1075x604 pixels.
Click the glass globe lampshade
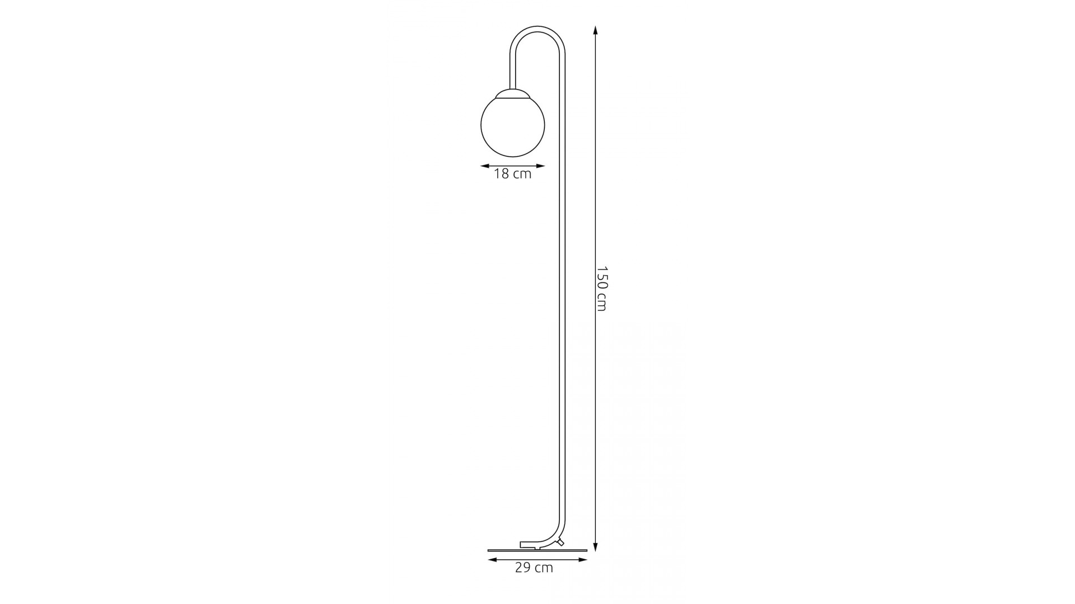tap(513, 125)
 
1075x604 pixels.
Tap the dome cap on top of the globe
tap(513, 94)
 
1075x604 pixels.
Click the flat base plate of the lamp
tap(537, 550)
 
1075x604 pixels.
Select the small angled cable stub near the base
tap(560, 541)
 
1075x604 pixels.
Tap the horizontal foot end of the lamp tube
tap(529, 544)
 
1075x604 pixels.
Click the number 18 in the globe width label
tap(501, 174)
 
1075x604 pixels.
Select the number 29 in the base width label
tap(523, 568)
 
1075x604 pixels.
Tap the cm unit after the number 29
tap(544, 569)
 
